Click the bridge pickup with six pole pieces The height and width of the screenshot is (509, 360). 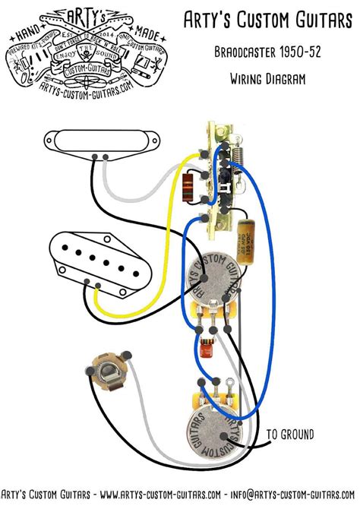[99, 261]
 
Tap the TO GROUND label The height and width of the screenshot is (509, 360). [289, 435]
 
